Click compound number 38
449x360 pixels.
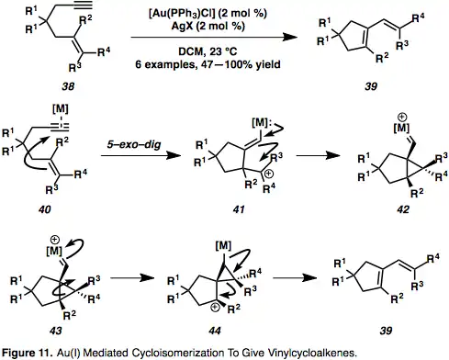(68, 86)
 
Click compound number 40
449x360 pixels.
(45, 209)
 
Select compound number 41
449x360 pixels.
(239, 209)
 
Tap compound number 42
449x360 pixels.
(402, 209)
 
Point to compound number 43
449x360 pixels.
(55, 331)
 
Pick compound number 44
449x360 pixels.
(215, 331)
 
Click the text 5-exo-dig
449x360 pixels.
(134, 144)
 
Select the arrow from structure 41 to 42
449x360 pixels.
(319, 155)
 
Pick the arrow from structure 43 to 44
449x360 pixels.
(132, 278)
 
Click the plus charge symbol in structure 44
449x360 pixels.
(215, 308)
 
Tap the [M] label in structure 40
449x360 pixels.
(61, 108)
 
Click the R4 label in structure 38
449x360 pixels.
(104, 52)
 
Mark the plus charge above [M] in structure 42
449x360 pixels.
(402, 117)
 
